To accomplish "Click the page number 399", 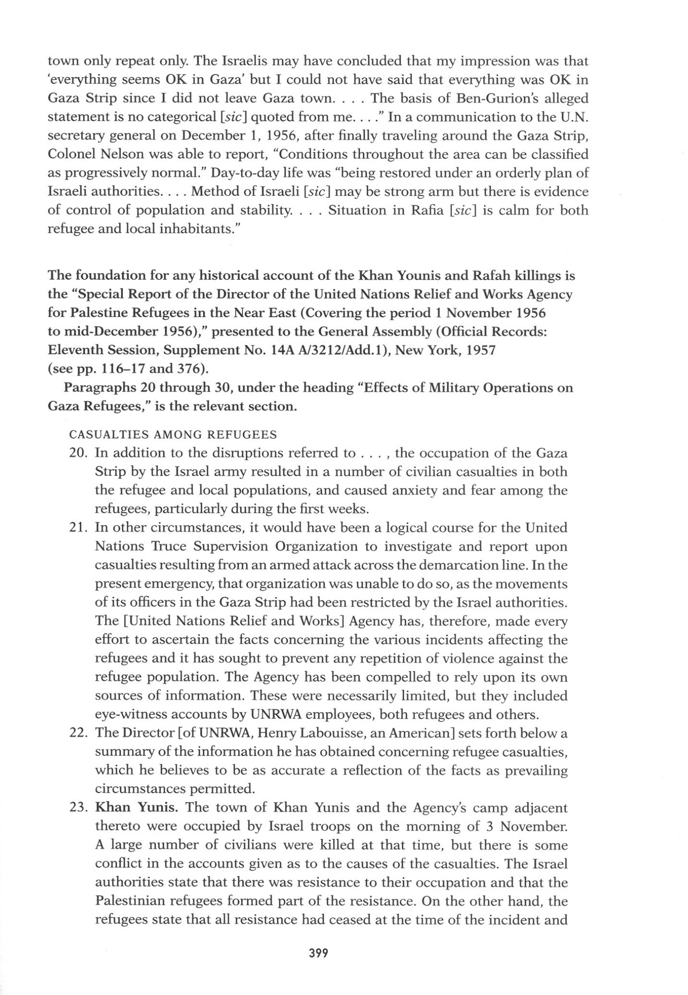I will coord(319,953).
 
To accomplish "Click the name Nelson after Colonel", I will coord(123,154).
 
